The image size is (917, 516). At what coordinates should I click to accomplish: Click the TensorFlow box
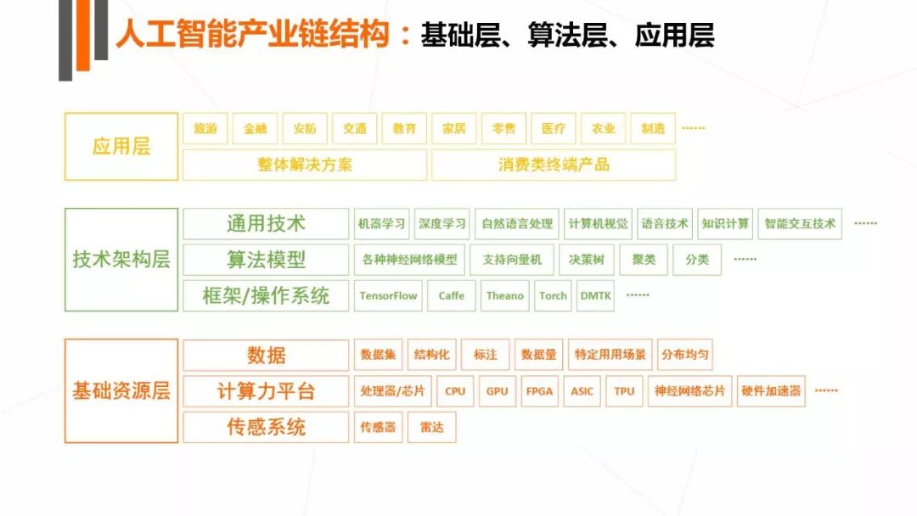click(x=388, y=295)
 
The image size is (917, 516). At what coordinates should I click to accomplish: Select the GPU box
click(x=497, y=391)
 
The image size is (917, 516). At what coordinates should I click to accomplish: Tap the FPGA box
click(x=539, y=391)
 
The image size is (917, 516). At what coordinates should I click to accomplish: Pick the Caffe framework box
click(x=452, y=295)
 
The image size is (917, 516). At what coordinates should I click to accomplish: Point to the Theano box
click(x=504, y=295)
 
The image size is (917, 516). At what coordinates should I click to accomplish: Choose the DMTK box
click(x=595, y=295)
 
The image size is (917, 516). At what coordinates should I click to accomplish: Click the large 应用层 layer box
click(x=121, y=147)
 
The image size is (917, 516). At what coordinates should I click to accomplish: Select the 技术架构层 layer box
click(x=121, y=260)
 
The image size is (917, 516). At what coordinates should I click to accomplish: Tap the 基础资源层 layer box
click(x=121, y=391)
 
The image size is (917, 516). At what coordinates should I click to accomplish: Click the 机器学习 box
click(x=381, y=224)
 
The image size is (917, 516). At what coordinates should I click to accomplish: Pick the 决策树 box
click(x=587, y=260)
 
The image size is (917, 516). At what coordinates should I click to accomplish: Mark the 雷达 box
click(x=431, y=427)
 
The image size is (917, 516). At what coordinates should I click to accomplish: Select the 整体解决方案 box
click(x=305, y=165)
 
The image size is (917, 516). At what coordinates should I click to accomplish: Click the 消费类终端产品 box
click(x=554, y=165)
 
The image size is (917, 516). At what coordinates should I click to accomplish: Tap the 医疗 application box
click(x=554, y=128)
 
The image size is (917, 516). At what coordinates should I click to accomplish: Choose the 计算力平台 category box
click(x=266, y=391)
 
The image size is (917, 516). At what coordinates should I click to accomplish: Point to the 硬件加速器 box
click(x=771, y=391)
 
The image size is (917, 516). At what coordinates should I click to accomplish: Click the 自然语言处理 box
click(x=517, y=224)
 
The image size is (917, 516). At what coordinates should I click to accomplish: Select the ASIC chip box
click(x=582, y=391)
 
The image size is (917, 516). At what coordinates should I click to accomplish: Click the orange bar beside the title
click(x=83, y=35)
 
